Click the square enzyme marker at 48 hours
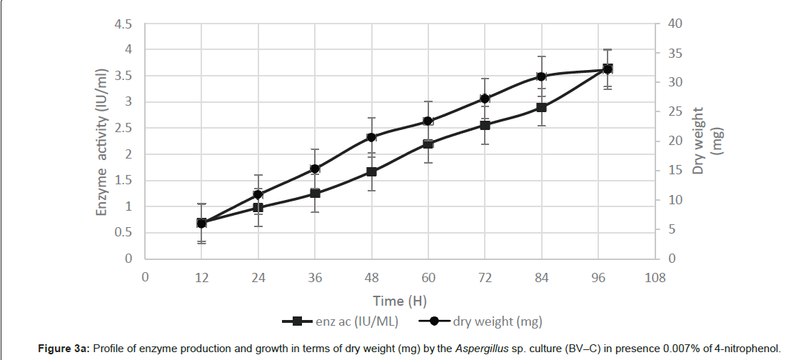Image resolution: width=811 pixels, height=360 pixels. (371, 171)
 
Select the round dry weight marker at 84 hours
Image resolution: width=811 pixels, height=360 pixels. (541, 76)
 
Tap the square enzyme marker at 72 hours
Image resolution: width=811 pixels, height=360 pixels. (485, 125)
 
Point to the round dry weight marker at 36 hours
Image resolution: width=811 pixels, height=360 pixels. (315, 169)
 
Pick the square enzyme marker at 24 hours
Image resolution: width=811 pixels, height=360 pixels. (258, 208)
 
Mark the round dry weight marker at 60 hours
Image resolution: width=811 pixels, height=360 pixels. (428, 121)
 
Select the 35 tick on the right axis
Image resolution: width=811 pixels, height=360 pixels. (675, 53)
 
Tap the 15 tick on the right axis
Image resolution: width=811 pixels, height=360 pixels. (675, 170)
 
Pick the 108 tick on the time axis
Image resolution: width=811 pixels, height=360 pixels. (655, 277)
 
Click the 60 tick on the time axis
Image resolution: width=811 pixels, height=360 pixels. (428, 277)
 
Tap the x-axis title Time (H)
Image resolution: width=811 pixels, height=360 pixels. (399, 300)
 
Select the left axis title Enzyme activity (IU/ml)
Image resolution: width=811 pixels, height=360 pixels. (104, 142)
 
